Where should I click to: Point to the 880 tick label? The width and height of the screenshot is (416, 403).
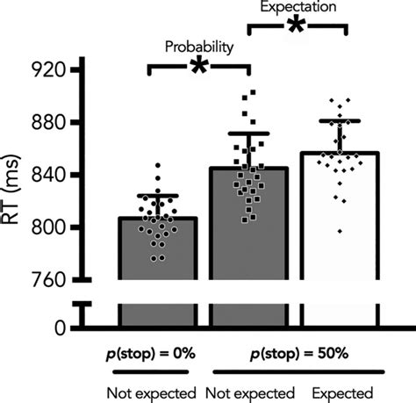point(48,122)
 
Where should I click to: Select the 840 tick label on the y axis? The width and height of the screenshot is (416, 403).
point(48,175)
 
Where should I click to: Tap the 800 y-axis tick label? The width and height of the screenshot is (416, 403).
point(48,227)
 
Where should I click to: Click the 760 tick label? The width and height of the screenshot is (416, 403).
point(48,280)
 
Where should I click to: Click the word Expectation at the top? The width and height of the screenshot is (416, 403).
point(298,7)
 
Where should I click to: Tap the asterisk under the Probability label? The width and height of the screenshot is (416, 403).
point(198,67)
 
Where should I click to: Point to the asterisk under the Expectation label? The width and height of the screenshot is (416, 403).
point(298,26)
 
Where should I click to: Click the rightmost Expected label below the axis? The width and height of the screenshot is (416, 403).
point(341,392)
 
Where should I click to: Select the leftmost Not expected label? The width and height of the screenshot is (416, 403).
point(152,392)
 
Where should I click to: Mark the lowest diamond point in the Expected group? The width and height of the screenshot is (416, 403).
point(314,232)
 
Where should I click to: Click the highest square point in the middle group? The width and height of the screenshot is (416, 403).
point(253,91)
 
